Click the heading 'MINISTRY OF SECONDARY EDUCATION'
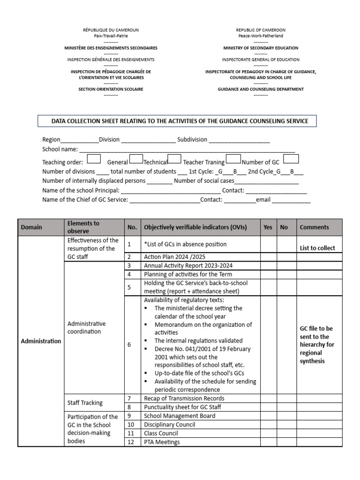click(261, 48)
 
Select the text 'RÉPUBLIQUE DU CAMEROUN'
click(111, 30)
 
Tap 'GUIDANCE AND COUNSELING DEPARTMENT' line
click(261, 89)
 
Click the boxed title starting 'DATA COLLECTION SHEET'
click(180, 121)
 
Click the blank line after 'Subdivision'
click(239, 140)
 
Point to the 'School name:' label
click(60, 149)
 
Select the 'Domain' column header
click(31, 227)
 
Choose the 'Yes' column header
click(268, 227)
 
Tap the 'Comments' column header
click(314, 227)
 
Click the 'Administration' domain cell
click(41, 341)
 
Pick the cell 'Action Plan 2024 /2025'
click(174, 257)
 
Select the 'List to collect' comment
click(317, 248)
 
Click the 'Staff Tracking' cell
click(85, 403)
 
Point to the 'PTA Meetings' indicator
click(162, 442)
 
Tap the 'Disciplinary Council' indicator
click(169, 425)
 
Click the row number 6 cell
click(129, 345)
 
